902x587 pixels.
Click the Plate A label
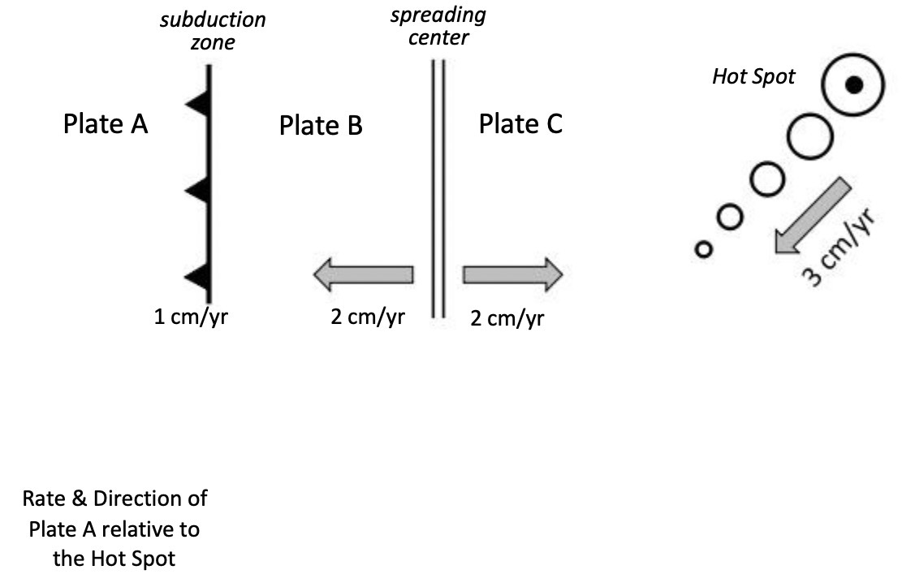tap(106, 124)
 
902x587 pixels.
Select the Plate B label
tap(321, 126)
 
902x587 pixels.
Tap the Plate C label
tap(520, 124)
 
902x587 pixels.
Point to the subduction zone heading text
tap(213, 31)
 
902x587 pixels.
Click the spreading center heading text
tap(438, 27)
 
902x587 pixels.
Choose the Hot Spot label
tap(753, 77)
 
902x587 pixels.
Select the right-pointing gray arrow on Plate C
tap(512, 274)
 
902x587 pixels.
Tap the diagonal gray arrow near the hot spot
tap(812, 217)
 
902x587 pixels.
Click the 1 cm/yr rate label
tap(191, 317)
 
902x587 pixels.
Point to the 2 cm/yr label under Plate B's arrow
tap(368, 317)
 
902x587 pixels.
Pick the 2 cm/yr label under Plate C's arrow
tap(507, 318)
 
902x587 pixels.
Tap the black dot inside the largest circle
tap(852, 84)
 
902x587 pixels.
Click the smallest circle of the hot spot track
tap(703, 248)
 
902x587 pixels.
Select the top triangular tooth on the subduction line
tap(197, 103)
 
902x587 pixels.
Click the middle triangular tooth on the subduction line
tap(197, 191)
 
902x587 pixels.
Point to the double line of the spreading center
tap(438, 187)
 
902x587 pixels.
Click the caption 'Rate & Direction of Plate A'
tap(114, 497)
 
